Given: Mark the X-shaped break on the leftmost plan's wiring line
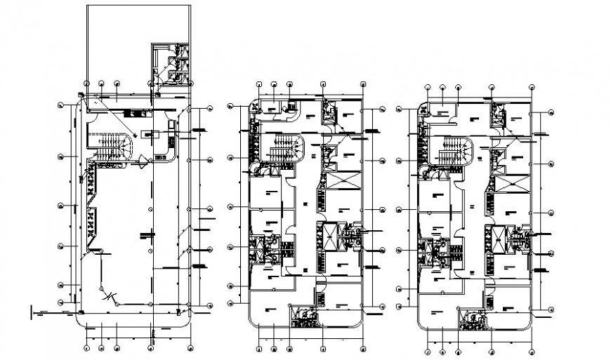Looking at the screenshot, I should (107, 298).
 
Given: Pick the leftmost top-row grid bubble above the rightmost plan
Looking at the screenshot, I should (428, 88).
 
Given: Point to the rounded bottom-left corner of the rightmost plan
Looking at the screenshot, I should (421, 322).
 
